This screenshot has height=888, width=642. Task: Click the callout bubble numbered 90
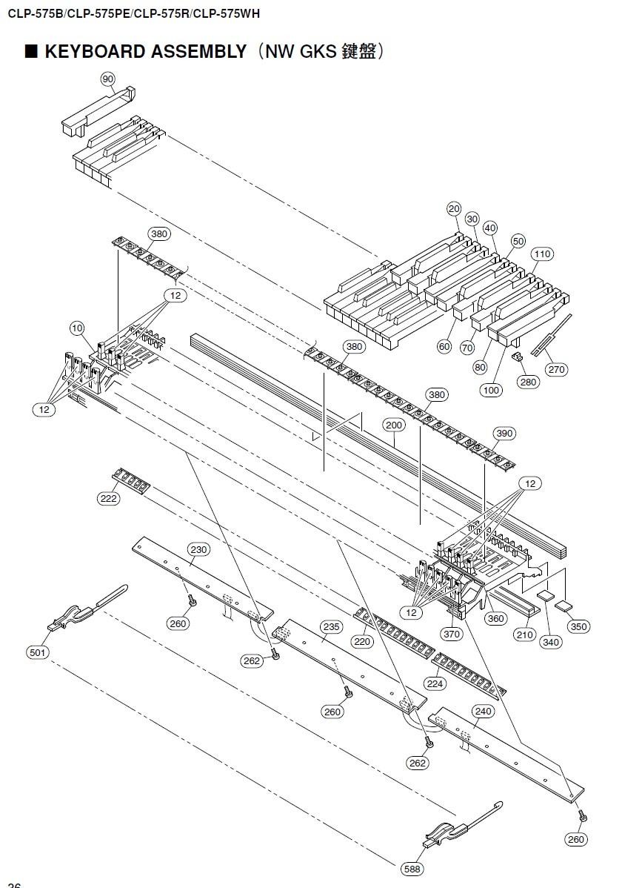click(108, 79)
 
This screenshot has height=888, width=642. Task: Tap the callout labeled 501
click(37, 652)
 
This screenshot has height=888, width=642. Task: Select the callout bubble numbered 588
click(412, 868)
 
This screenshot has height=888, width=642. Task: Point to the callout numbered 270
click(556, 369)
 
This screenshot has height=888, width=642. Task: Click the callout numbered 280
click(529, 382)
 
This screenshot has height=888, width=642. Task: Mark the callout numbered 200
click(394, 425)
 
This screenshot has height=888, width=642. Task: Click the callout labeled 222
click(108, 499)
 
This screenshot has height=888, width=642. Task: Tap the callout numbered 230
click(198, 549)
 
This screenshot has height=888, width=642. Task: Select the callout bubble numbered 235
click(331, 626)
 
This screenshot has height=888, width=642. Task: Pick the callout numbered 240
click(483, 711)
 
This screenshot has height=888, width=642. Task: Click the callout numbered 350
click(578, 626)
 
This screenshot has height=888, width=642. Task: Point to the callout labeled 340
click(551, 642)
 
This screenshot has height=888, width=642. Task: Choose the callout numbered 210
click(525, 634)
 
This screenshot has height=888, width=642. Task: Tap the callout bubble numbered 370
click(451, 634)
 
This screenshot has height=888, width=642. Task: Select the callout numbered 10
click(77, 328)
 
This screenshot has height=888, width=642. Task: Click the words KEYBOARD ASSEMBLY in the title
click(146, 52)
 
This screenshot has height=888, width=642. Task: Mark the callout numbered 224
click(435, 683)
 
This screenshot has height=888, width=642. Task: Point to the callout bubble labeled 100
click(491, 390)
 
